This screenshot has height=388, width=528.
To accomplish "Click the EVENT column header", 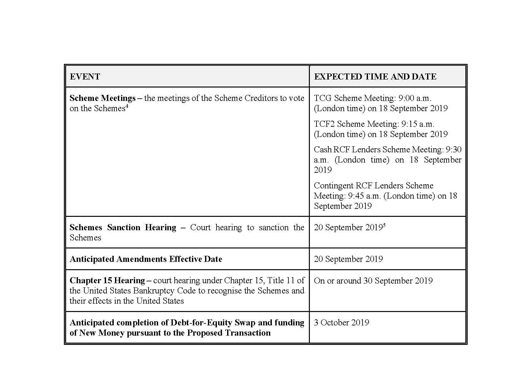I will point(85,77).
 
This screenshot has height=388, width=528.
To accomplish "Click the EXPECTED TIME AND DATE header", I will point(375,77).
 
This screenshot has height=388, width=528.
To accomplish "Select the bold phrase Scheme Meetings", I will point(102,98).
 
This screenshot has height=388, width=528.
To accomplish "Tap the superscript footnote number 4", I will point(127,106).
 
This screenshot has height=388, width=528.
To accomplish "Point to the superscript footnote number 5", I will point(384,225).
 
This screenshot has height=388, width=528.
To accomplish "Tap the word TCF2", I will point(324,124).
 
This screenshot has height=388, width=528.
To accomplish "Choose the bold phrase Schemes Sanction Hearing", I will point(123,227).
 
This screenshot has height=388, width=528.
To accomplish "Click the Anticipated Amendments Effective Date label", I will point(146,259).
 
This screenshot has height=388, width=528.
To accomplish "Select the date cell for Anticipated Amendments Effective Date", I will point(348,259).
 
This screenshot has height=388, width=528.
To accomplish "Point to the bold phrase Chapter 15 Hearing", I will point(107,280).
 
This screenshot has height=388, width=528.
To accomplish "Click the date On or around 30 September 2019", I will point(373,281).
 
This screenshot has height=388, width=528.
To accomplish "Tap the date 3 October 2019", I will point(341,323).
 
